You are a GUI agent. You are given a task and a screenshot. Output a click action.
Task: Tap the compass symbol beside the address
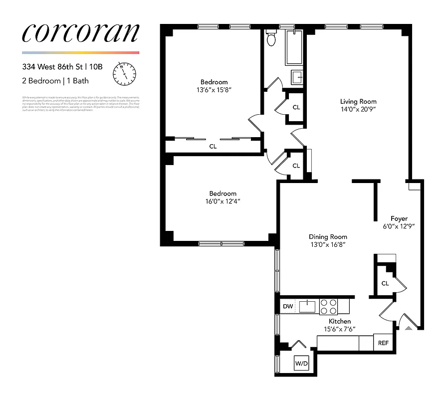[x=124, y=73]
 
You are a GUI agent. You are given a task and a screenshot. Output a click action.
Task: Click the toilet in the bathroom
[x=271, y=38]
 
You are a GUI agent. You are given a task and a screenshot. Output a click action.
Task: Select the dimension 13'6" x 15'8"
[x=214, y=90]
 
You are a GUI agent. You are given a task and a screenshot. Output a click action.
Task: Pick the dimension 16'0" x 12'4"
[x=223, y=201]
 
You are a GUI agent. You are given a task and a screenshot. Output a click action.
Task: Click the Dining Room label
[x=328, y=237]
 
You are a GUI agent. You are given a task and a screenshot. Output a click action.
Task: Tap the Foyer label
[x=399, y=218]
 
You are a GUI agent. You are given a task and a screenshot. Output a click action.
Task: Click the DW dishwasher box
[x=288, y=306]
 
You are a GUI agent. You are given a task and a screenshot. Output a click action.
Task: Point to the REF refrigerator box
[x=383, y=343]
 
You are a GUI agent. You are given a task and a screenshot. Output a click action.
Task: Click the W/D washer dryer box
[x=302, y=364]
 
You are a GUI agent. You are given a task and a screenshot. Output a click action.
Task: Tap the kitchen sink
[x=308, y=306]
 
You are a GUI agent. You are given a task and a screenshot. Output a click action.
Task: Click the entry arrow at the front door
[x=409, y=328]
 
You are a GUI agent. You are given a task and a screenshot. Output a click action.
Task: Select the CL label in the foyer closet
[x=385, y=283]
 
